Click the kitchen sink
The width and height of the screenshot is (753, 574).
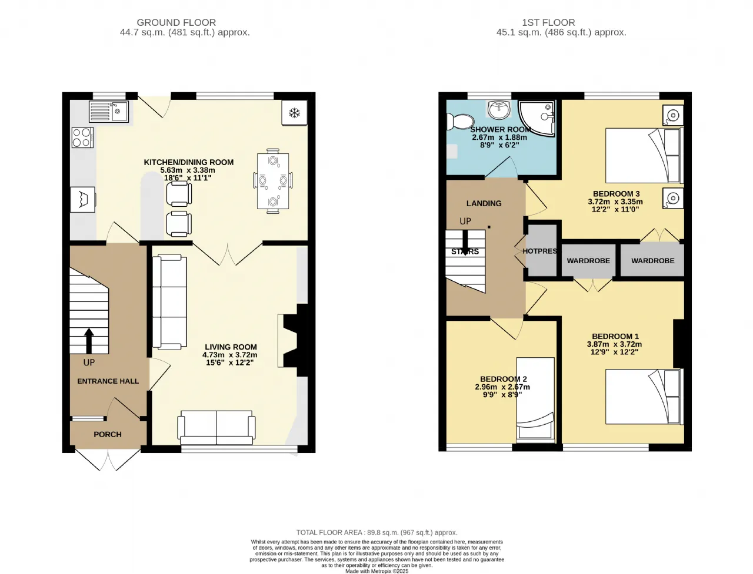pos(109,111)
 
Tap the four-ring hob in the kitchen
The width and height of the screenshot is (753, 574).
pos(83,137)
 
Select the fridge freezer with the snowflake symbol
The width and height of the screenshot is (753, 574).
pos(294,113)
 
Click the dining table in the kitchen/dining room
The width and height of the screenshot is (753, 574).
pos(273,181)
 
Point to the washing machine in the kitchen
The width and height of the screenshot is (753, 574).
pos(83,199)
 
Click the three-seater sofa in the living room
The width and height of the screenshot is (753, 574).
pos(169,302)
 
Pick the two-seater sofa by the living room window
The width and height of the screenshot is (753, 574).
pos(216,428)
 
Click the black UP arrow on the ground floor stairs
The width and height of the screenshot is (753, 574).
pos(89,341)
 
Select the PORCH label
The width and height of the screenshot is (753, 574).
pos(108,434)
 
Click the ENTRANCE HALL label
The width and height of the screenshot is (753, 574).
pos(108,381)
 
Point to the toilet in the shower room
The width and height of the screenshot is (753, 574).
pos(460,122)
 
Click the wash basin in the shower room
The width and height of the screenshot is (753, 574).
pos(499,109)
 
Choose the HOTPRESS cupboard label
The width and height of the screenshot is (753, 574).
pos(539,251)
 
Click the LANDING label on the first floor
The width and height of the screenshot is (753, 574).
pos(484,203)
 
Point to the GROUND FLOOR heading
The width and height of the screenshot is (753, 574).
pos(176,22)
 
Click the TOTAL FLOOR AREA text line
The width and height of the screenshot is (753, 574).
pos(376,532)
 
